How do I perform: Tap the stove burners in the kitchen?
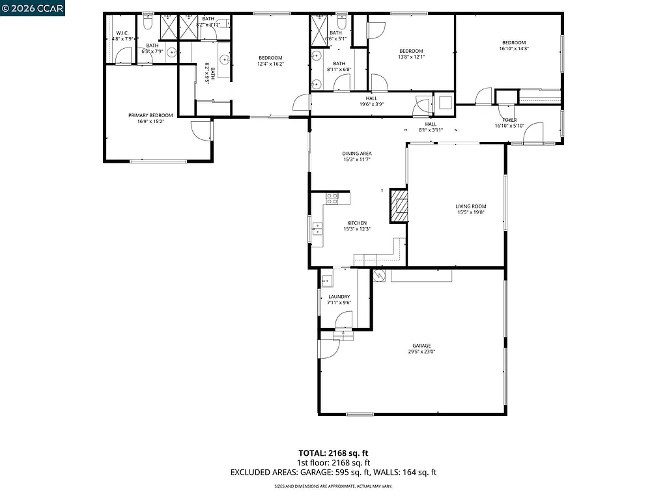[x=332, y=198]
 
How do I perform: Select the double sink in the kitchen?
[x=318, y=229]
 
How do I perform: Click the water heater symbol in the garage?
[x=378, y=275]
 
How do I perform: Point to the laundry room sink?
[x=327, y=281]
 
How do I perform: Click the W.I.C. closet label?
[x=122, y=33]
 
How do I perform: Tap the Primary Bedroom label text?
[x=150, y=115]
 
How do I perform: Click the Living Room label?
[x=470, y=206]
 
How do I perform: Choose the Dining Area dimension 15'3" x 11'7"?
[x=356, y=160]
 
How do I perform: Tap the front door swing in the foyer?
[x=533, y=133]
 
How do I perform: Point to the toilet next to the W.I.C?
[x=148, y=24]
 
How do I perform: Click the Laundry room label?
[x=339, y=297]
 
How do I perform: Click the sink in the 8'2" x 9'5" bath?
[x=224, y=60]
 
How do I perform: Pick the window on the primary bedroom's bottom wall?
[x=149, y=161]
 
